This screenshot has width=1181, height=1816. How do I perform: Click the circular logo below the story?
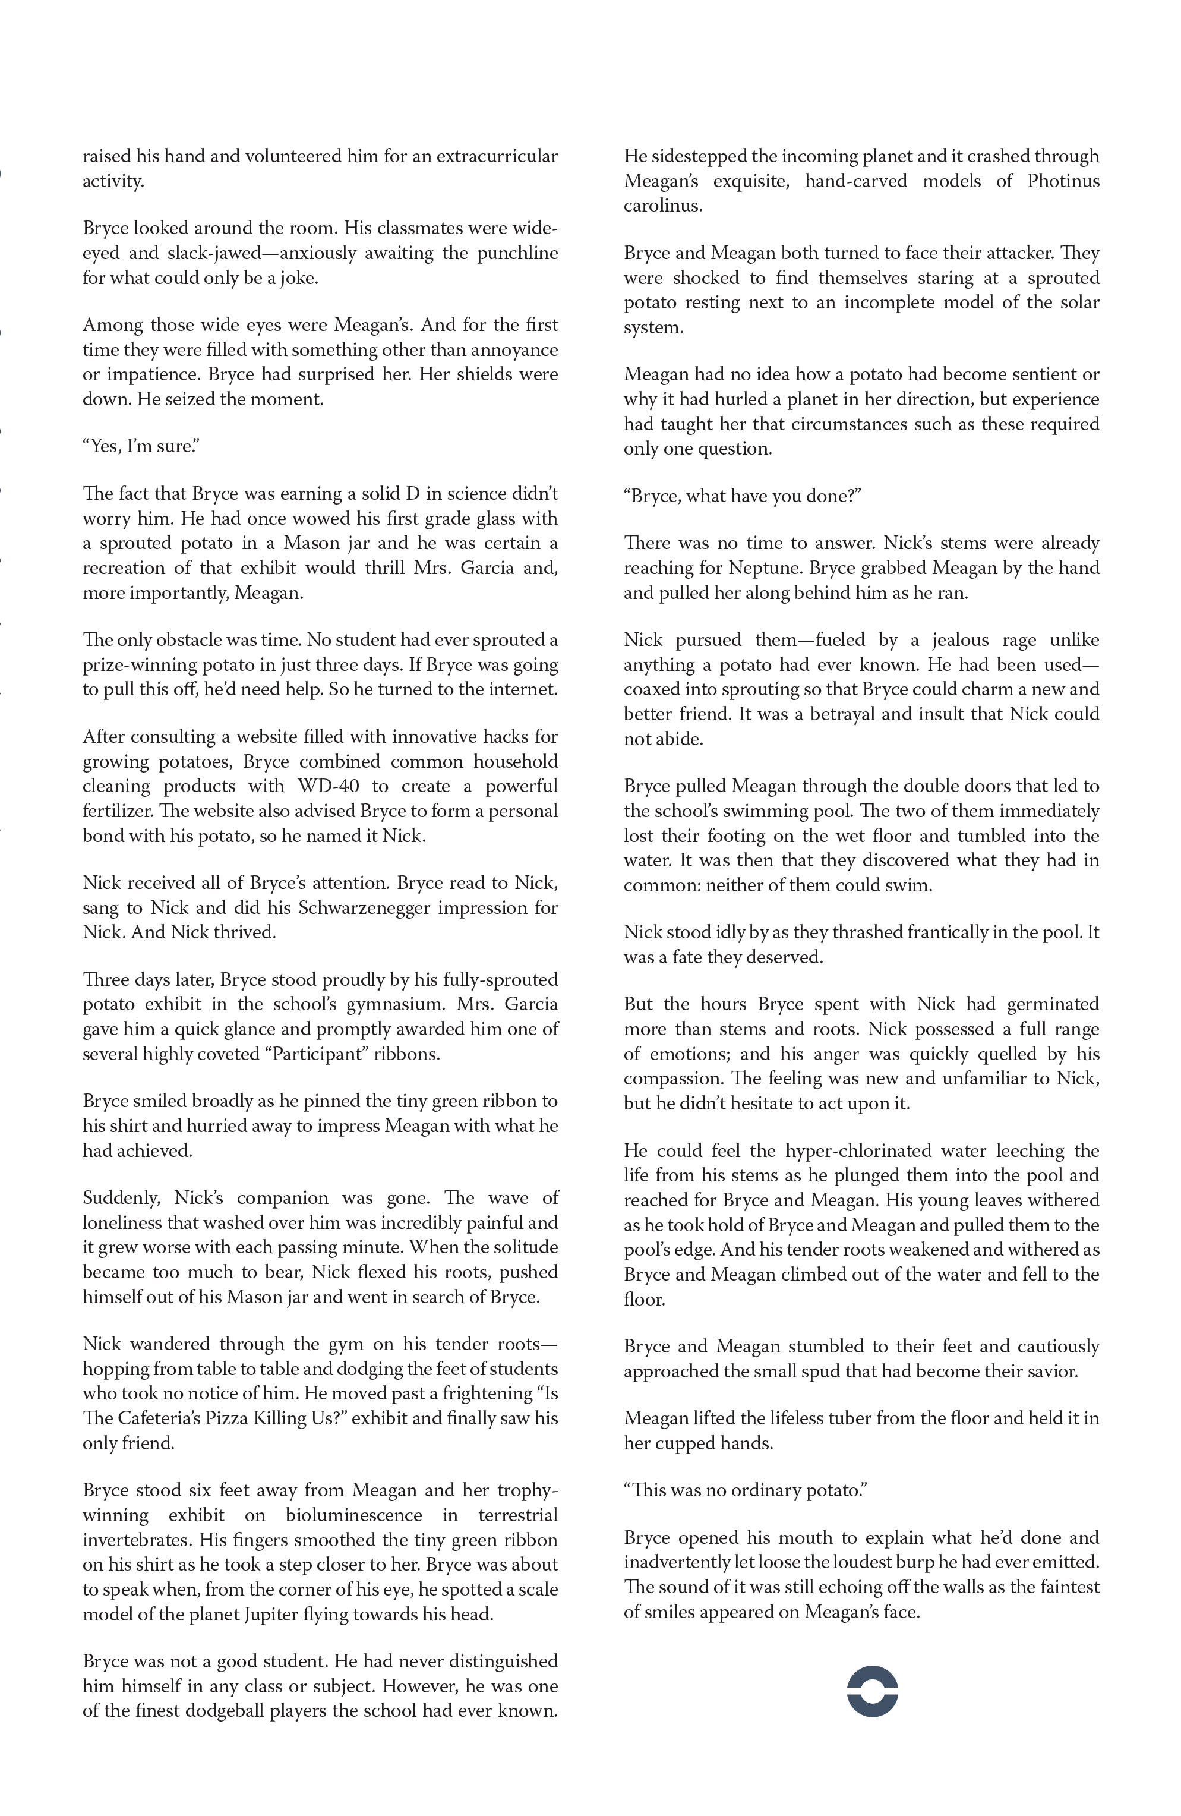click(x=872, y=1692)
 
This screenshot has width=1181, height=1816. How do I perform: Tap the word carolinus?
click(x=663, y=205)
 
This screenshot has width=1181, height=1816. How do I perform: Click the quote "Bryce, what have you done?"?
click(x=741, y=496)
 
